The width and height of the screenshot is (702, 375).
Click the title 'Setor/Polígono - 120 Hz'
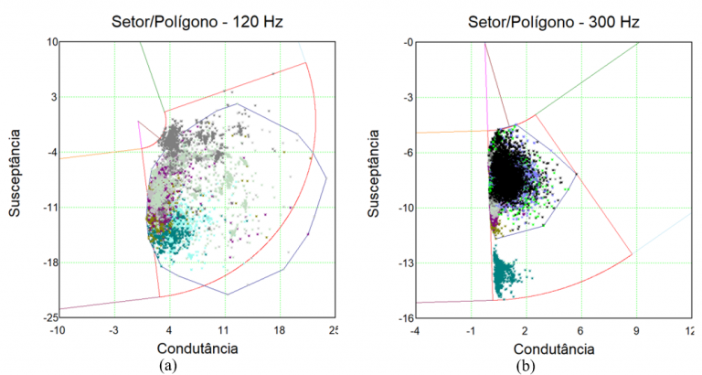click(x=196, y=19)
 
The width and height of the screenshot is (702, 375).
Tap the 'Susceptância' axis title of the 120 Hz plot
click(x=16, y=179)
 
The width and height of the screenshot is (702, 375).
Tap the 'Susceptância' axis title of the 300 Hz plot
click(x=375, y=179)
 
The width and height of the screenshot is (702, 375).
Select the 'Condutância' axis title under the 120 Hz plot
click(x=197, y=348)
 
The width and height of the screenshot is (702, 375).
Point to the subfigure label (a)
click(x=167, y=365)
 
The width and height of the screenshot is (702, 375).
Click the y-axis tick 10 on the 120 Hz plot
click(x=52, y=42)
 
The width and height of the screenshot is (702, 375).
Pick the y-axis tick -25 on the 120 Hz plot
click(x=50, y=317)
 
